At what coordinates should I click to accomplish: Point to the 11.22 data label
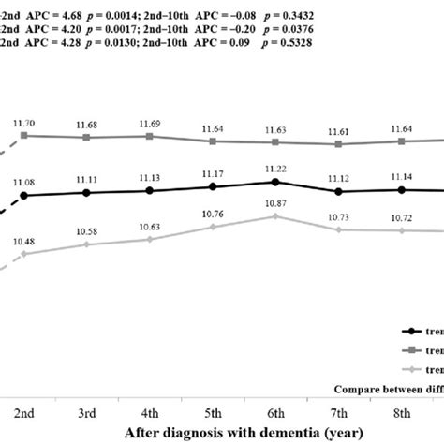[275, 169]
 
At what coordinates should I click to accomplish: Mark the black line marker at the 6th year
[275, 182]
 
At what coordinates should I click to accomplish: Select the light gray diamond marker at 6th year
[275, 215]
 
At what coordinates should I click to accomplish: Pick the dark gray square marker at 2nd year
[24, 136]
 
